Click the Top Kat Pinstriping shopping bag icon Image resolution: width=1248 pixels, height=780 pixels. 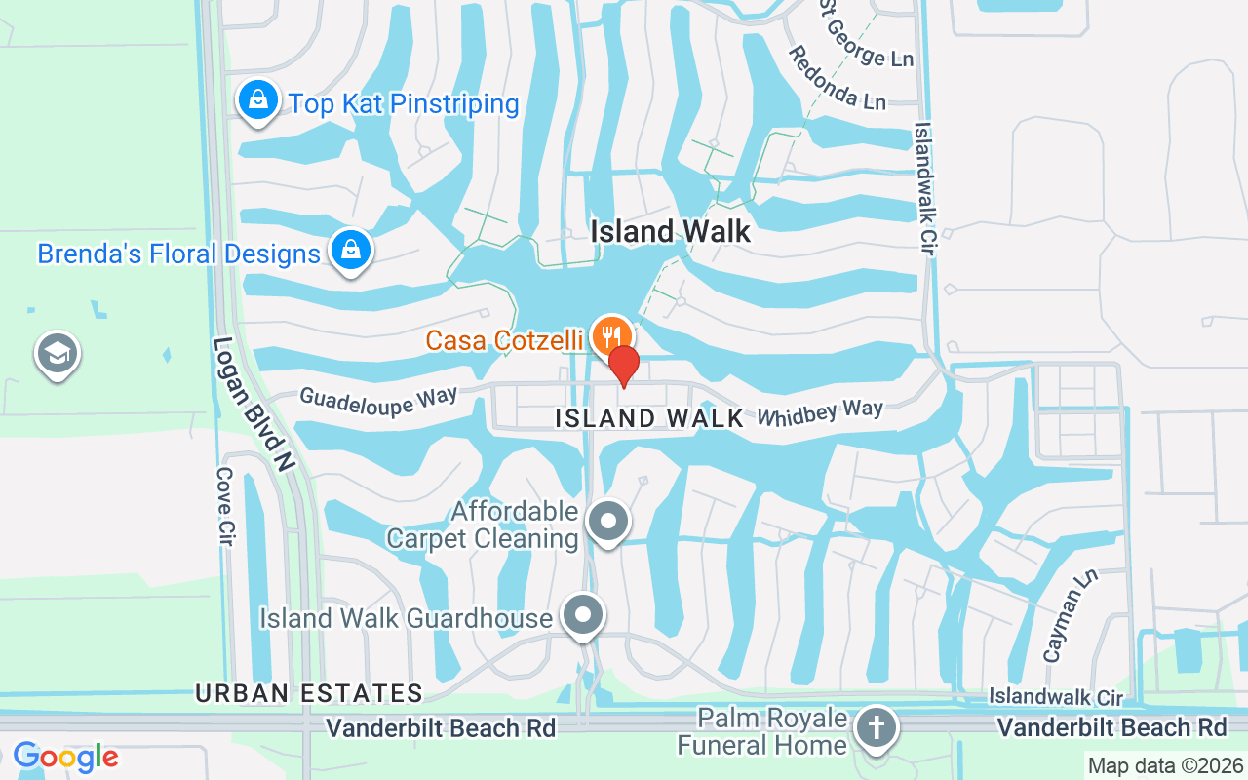(257, 101)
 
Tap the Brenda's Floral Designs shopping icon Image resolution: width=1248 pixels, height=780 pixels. (349, 252)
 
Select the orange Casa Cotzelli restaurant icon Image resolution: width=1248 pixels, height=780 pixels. (611, 336)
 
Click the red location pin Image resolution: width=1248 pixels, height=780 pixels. (624, 366)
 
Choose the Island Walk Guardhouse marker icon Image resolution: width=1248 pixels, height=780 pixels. (584, 616)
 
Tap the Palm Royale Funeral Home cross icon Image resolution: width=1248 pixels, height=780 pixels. (876, 728)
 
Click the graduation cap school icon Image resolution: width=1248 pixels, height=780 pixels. (57, 354)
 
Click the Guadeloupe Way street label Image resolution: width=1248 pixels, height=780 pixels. (378, 400)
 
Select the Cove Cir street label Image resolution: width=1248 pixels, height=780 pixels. (225, 506)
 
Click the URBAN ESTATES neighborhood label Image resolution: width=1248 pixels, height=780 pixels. (309, 693)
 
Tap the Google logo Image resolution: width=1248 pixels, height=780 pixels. (65, 757)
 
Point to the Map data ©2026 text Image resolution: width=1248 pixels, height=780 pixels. (1164, 766)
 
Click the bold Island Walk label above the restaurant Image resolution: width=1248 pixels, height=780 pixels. (672, 231)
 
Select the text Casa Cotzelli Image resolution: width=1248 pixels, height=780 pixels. (504, 340)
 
